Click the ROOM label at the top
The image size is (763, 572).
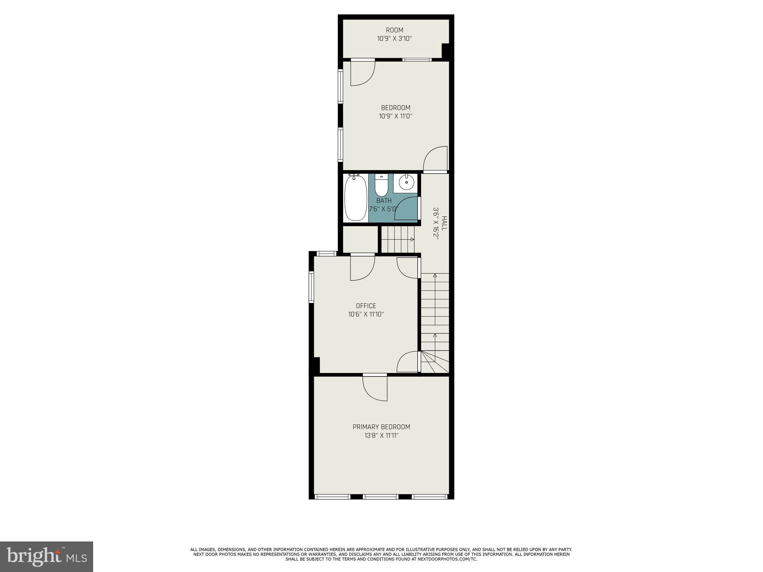pos(394,30)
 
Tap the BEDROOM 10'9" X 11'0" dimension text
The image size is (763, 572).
pos(395,116)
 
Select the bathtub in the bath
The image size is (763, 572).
pos(356,198)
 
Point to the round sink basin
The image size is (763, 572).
pos(406,183)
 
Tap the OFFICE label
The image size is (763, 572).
pos(366,306)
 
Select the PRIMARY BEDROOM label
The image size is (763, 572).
pos(381,427)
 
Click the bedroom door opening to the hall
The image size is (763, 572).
pos(435,159)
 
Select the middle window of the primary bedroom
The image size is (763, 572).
pos(381,496)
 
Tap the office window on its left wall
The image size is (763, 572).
pos(311,286)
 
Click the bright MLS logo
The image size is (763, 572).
pos(47,556)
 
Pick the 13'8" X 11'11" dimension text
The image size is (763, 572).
pos(381,435)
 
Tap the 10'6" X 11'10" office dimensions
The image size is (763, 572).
pos(366,314)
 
